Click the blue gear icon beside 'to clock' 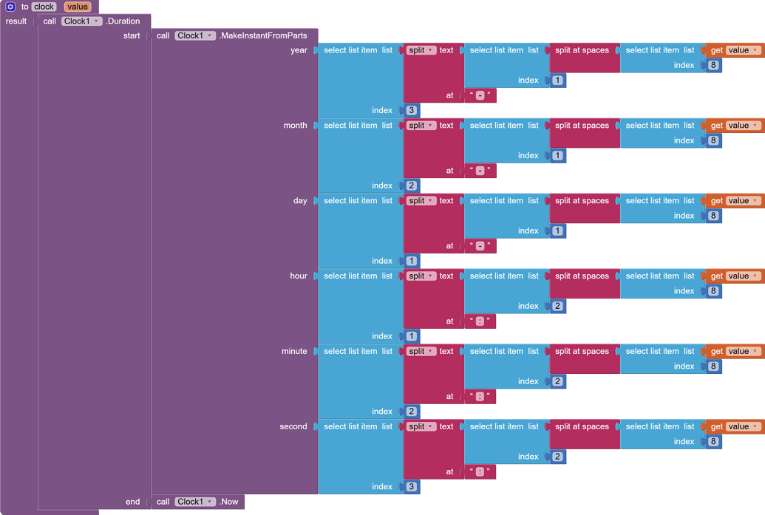click(x=10, y=7)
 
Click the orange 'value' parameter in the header click(x=78, y=7)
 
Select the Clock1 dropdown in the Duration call click(x=81, y=21)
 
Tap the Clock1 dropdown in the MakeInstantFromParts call click(x=195, y=35)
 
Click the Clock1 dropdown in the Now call click(x=195, y=502)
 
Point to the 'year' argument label click(x=299, y=50)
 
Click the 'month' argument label click(x=295, y=126)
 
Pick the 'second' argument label click(x=293, y=426)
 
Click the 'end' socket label click(x=132, y=502)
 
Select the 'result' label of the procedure click(x=16, y=21)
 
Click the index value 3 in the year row click(x=412, y=110)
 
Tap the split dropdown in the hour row click(x=421, y=276)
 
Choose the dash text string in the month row click(x=480, y=171)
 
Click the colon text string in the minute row click(x=480, y=396)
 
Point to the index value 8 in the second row click(x=713, y=442)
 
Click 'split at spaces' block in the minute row click(x=582, y=351)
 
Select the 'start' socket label click(x=132, y=35)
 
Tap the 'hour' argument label click(x=299, y=276)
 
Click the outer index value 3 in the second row click(x=412, y=487)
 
